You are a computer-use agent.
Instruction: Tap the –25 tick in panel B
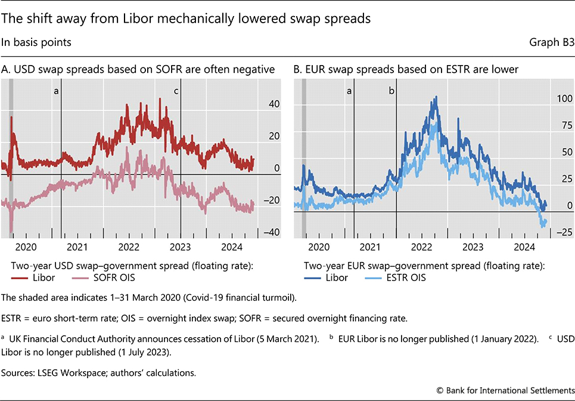tap(563, 232)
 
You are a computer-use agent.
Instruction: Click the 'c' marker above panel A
tap(176, 91)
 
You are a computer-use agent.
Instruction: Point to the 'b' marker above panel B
tap(391, 91)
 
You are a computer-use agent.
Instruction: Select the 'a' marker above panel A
tap(57, 91)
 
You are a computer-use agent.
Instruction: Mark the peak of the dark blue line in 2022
tap(436, 97)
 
